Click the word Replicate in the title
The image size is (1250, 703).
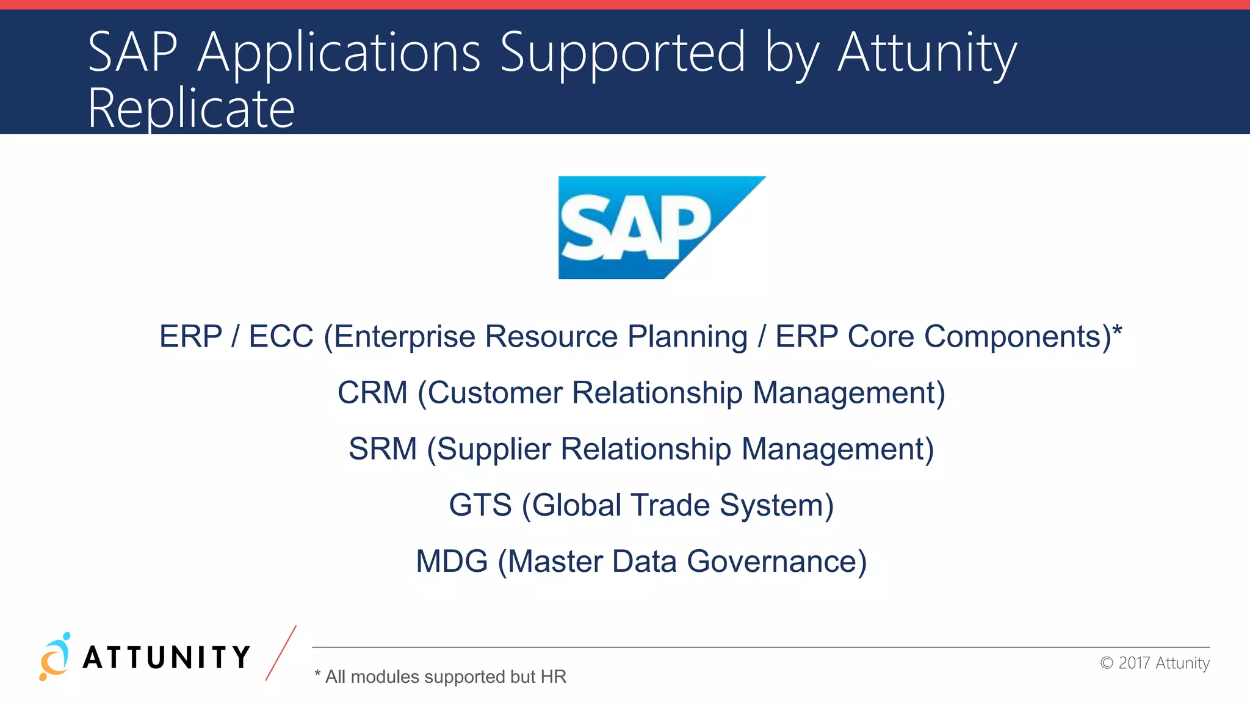pos(191,109)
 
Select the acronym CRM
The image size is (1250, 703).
pos(372,392)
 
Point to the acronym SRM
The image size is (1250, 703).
pos(383,449)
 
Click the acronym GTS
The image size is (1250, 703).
pos(480,505)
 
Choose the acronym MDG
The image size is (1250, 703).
pos(452,561)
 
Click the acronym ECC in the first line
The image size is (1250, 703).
pos(281,337)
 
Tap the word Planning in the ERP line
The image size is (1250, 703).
pos(687,337)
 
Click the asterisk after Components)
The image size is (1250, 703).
pos(1117,331)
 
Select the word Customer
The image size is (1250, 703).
pos(494,392)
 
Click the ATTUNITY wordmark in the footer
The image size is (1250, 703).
pos(166,658)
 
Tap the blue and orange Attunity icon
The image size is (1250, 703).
pos(55,657)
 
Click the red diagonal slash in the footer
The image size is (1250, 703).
pos(281,653)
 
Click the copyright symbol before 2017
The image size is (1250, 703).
pos(1107,663)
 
